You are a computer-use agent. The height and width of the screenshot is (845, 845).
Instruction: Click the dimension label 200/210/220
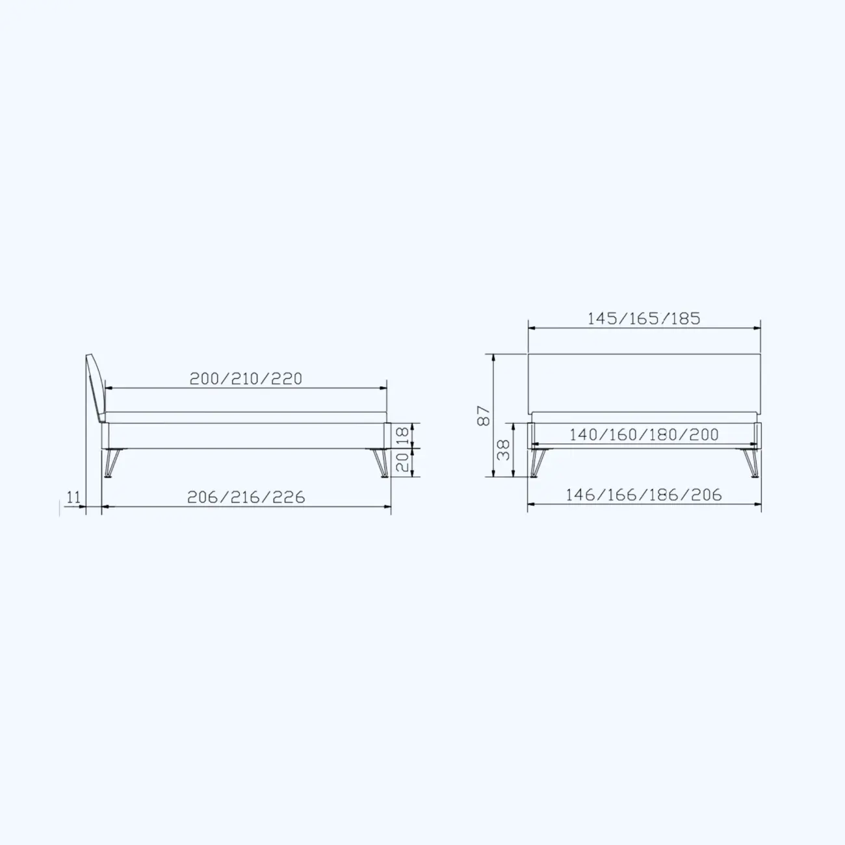pos(246,379)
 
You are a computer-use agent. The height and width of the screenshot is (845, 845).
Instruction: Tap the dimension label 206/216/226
pos(246,497)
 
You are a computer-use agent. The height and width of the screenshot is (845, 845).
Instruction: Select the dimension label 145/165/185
pos(643,318)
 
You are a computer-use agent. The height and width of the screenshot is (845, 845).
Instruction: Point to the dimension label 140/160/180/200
pos(643,435)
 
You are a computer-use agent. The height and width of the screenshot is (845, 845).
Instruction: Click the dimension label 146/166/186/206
pos(643,495)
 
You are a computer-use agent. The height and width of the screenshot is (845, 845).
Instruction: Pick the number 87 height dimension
pos(483,416)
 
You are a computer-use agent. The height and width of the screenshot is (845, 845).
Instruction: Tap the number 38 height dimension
pos(504,450)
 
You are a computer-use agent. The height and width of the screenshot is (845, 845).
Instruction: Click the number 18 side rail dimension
pos(402,435)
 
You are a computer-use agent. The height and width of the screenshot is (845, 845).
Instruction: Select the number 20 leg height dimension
pos(402,462)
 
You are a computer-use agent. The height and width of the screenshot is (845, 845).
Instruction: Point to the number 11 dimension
pos(73,497)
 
